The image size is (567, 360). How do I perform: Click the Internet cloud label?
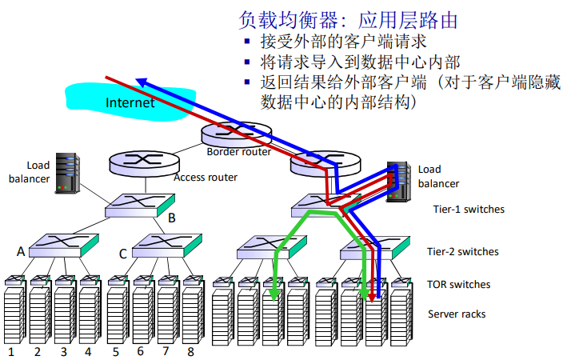coord(130,102)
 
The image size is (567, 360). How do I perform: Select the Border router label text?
coord(238,151)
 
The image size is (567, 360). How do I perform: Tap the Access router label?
coord(206,177)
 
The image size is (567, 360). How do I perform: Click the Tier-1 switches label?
coord(467,210)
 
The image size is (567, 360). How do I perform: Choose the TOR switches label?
coord(459,284)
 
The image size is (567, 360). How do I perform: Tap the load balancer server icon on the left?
coord(66,173)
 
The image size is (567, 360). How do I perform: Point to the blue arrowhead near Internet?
coord(141,81)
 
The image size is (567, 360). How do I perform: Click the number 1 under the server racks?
coord(12,351)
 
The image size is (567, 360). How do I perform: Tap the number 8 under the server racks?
coord(190,351)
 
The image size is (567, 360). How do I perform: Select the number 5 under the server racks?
coord(115,351)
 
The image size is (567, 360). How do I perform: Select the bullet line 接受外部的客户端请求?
coord(344,42)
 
